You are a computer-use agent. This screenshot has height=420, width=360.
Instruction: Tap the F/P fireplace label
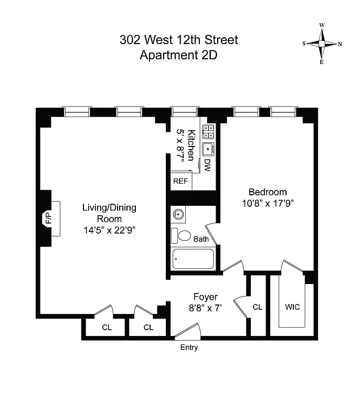click(49, 218)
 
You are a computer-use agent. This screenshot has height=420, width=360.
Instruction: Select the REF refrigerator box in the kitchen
click(180, 181)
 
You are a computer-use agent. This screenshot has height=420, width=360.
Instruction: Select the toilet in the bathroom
click(183, 235)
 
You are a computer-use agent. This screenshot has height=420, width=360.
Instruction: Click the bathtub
click(193, 259)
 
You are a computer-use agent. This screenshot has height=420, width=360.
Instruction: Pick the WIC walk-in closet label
click(292, 307)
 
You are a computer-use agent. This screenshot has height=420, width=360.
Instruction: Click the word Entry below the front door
click(189, 348)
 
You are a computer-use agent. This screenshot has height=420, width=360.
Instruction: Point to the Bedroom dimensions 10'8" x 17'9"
click(268, 203)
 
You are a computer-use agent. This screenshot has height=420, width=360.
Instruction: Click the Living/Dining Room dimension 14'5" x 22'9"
click(109, 230)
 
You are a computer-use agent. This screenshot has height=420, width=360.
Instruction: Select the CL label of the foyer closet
click(257, 307)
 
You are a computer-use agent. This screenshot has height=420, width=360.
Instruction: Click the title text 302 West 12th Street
click(179, 40)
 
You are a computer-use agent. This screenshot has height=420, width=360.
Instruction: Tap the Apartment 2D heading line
click(179, 55)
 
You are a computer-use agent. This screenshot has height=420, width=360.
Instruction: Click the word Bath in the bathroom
click(201, 239)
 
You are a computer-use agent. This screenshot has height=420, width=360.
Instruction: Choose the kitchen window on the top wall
click(184, 111)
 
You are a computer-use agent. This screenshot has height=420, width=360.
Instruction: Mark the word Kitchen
click(192, 145)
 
